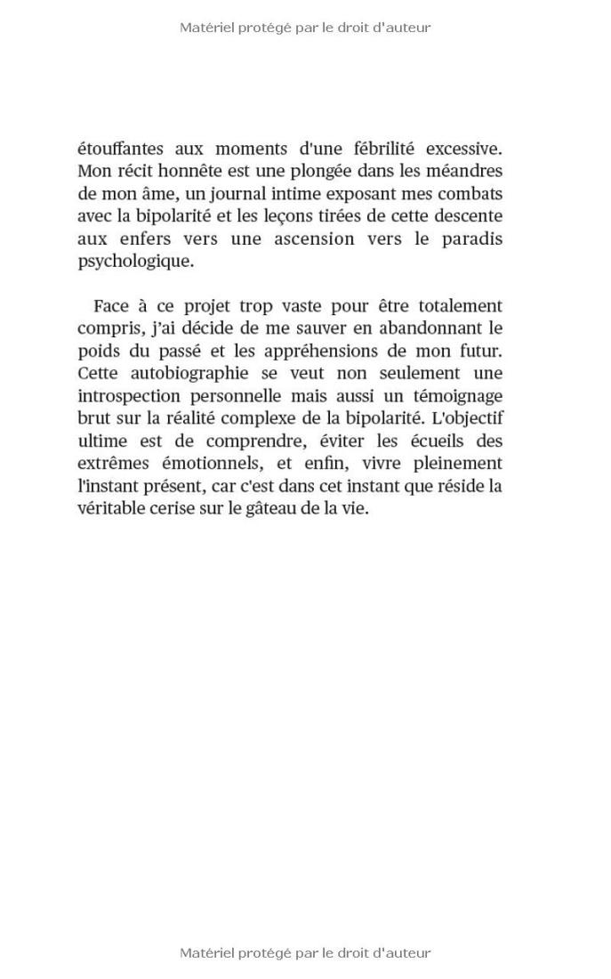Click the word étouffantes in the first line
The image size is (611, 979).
[120, 149]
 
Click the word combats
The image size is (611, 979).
[471, 194]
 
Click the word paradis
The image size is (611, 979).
[472, 239]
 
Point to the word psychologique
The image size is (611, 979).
[134, 262]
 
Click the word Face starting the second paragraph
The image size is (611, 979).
[111, 306]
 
